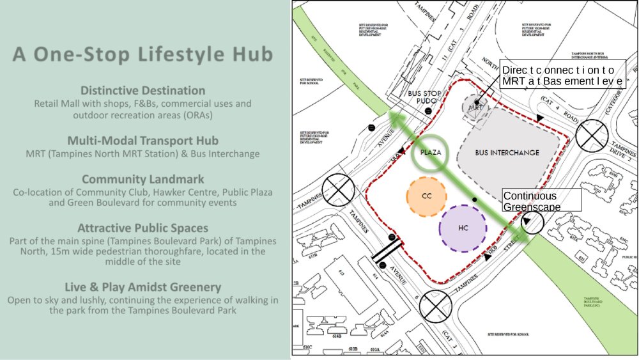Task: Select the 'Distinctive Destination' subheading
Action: [142, 90]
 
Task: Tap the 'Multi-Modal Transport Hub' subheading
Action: [142, 140]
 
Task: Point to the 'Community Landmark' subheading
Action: [142, 179]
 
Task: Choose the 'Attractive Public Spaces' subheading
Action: [142, 228]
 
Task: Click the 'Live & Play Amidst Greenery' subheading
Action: [142, 286]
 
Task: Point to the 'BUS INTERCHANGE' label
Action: [507, 153]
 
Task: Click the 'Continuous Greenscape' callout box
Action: [542, 201]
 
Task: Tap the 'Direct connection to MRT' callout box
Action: [561, 76]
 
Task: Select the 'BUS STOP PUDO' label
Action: [424, 97]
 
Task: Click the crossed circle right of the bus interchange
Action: [590, 136]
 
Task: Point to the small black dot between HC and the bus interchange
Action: [474, 200]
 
